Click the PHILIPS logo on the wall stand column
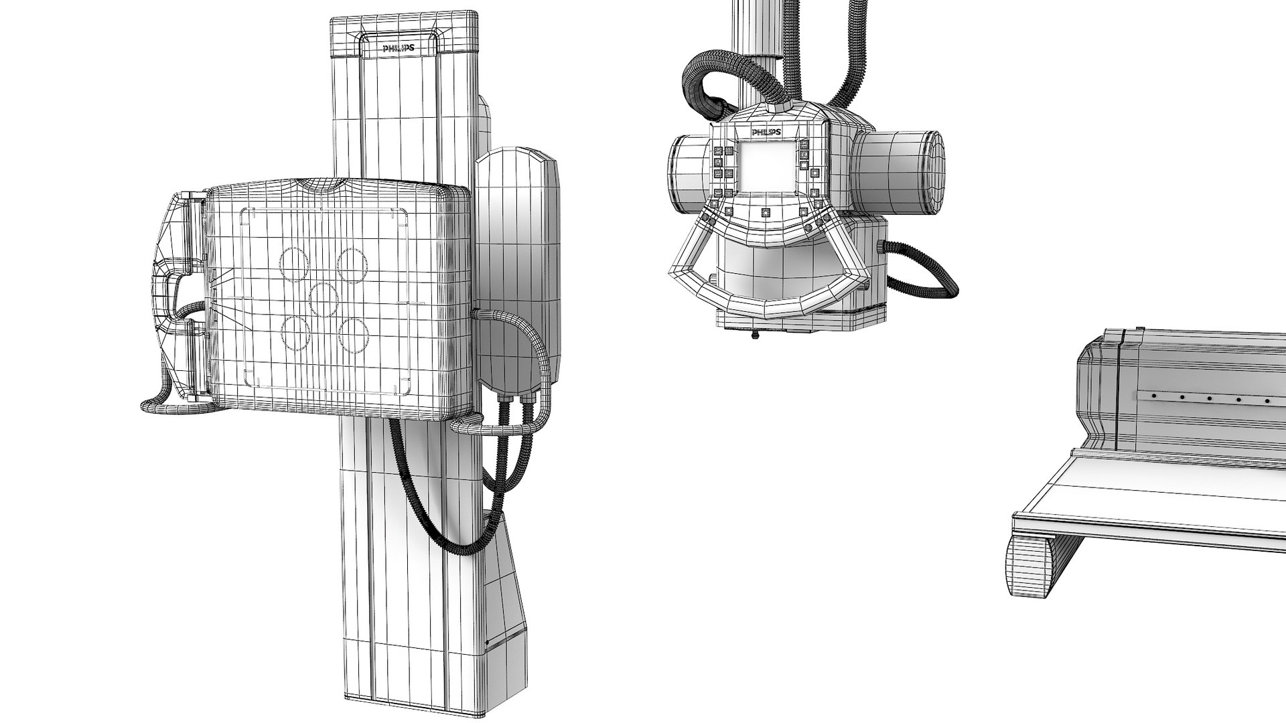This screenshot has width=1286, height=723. [x=398, y=48]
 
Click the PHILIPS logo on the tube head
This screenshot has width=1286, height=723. [x=767, y=133]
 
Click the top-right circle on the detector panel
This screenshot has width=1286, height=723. [x=352, y=264]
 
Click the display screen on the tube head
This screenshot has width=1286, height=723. [x=766, y=167]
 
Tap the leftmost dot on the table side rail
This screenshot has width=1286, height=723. [x=1153, y=397]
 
